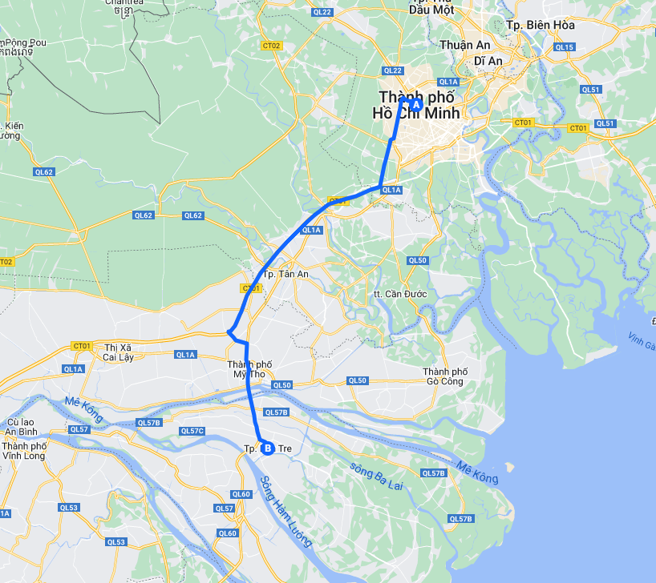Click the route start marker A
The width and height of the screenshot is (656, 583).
click(415, 104)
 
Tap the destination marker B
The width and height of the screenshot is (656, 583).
click(268, 448)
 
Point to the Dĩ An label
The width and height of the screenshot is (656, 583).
click(488, 61)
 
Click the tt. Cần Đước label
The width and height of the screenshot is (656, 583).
click(400, 294)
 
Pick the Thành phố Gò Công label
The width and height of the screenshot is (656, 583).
click(445, 376)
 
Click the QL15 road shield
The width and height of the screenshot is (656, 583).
click(565, 47)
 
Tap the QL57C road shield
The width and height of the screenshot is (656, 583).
click(192, 431)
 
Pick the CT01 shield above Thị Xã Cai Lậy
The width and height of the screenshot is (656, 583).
click(81, 346)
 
